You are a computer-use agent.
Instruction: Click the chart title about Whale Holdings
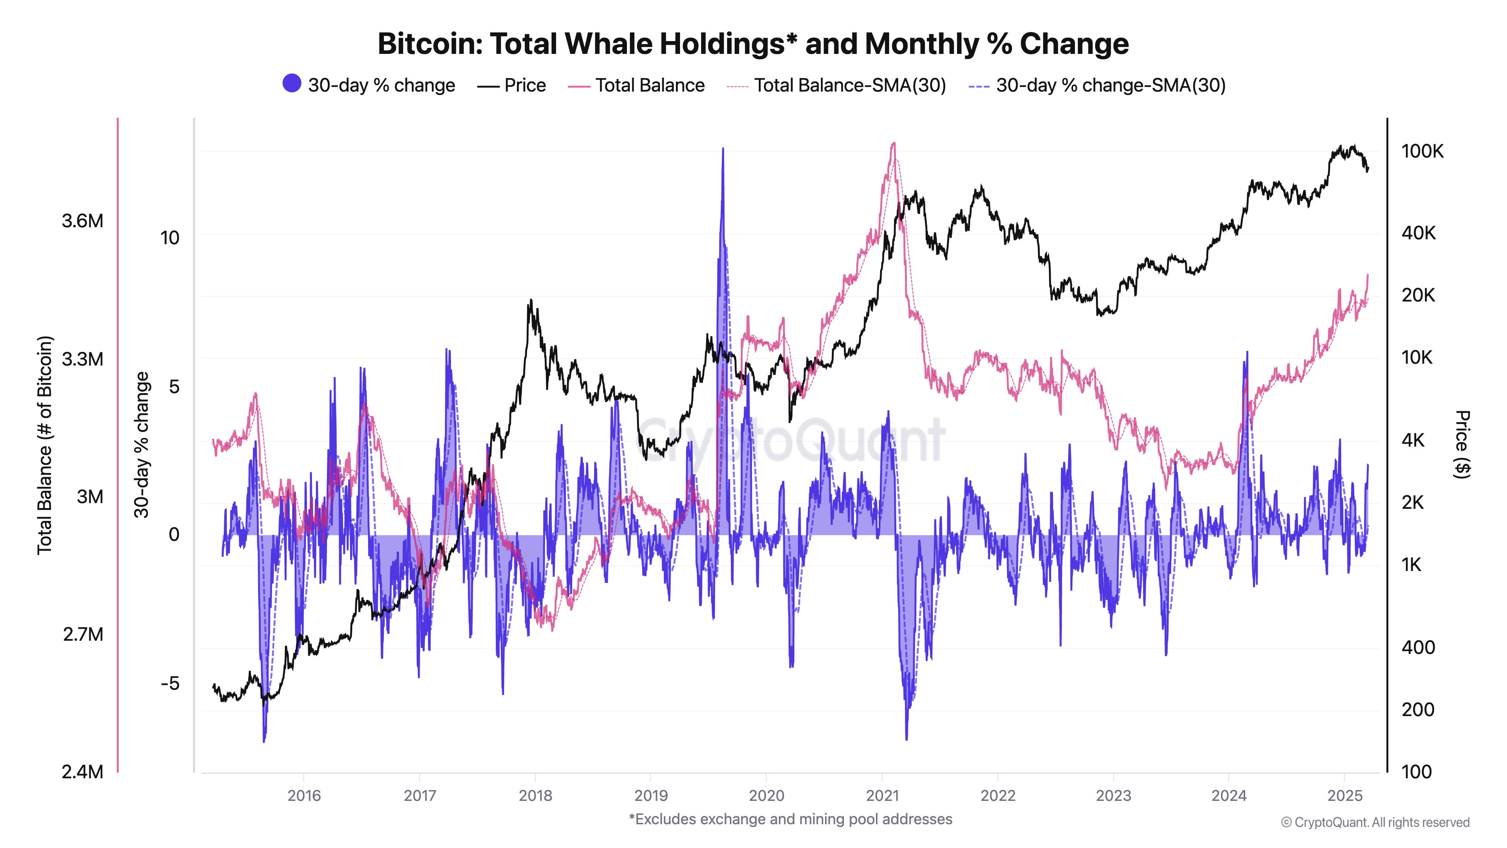click(x=752, y=44)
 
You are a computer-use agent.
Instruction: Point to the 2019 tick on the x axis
click(x=651, y=795)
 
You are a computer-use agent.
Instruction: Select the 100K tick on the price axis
click(x=1421, y=151)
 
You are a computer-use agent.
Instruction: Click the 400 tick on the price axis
click(x=1417, y=647)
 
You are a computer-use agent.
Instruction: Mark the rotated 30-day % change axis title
click(x=142, y=445)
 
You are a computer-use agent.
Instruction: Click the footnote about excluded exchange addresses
click(x=790, y=819)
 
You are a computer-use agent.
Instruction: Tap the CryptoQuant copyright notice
click(x=1374, y=822)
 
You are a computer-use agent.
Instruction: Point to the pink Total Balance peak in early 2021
click(x=893, y=143)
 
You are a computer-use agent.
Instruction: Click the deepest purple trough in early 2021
click(x=906, y=739)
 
